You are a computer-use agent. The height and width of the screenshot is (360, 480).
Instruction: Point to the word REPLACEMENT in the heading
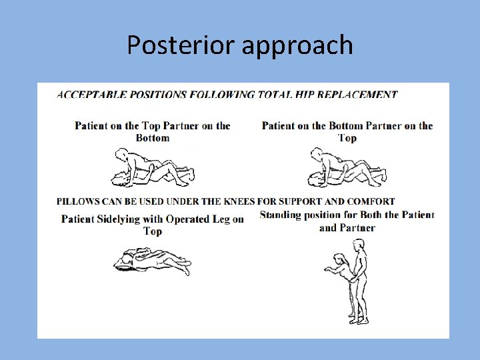click(357, 94)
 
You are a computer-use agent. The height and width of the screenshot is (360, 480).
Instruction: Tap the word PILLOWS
click(78, 201)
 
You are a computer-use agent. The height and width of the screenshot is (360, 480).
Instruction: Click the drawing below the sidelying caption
click(152, 261)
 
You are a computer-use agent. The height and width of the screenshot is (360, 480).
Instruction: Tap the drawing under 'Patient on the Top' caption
click(152, 167)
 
